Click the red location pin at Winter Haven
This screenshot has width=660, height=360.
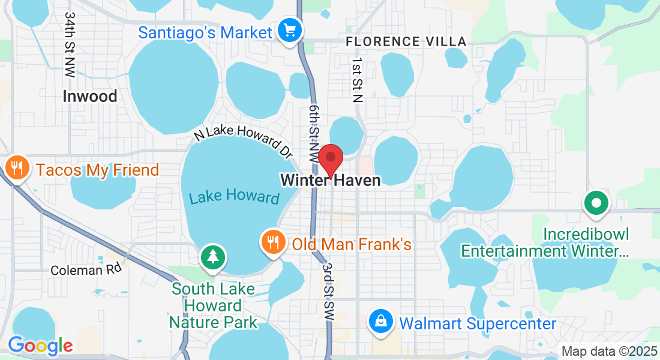[x=330, y=158]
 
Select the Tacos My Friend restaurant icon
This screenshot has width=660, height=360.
[x=17, y=169]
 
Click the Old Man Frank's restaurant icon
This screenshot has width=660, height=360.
[x=274, y=242]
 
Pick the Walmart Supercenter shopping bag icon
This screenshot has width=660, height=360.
[x=381, y=322]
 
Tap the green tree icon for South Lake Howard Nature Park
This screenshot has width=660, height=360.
[x=212, y=257]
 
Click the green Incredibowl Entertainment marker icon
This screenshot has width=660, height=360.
[x=596, y=203]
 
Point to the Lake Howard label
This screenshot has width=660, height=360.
[x=235, y=197]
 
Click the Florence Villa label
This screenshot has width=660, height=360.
[x=406, y=41]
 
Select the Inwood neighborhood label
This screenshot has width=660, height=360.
[x=90, y=96]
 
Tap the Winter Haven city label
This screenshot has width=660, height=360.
[x=330, y=180]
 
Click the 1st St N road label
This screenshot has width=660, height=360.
[x=358, y=80]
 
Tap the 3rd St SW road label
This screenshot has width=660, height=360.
[x=327, y=284]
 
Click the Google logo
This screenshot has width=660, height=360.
[x=40, y=346]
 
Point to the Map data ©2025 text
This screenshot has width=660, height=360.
[x=608, y=352]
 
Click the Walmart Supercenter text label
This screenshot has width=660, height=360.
[x=478, y=324]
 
